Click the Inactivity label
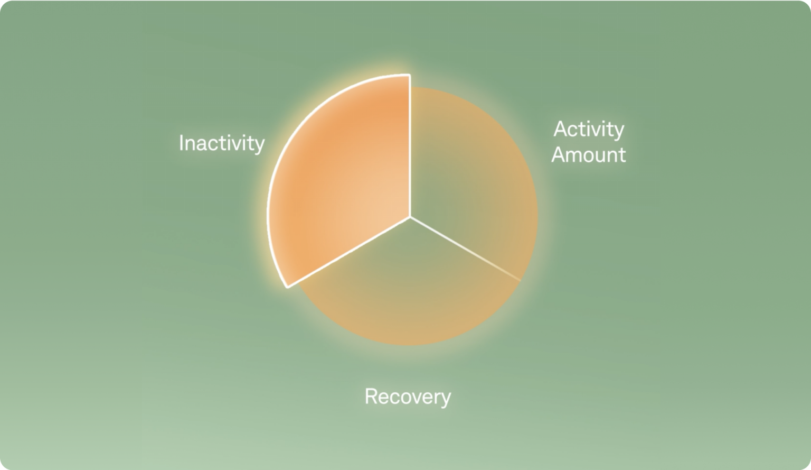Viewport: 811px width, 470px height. [x=221, y=143]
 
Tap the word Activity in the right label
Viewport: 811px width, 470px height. [x=589, y=130]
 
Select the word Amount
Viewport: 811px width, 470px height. [x=589, y=155]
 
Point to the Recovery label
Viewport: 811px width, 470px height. [x=408, y=397]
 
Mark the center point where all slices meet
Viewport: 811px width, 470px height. [x=410, y=217]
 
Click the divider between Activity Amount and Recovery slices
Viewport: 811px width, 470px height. [x=465, y=248]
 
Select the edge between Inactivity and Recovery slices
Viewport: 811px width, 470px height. [x=348, y=252]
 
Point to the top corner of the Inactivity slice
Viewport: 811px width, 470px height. [x=410, y=75]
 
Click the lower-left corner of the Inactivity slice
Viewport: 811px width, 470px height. [x=288, y=287]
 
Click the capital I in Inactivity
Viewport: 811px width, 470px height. [x=181, y=143]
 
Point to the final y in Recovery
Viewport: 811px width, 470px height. [x=446, y=399]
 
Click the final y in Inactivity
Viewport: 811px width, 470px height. [x=259, y=145]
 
